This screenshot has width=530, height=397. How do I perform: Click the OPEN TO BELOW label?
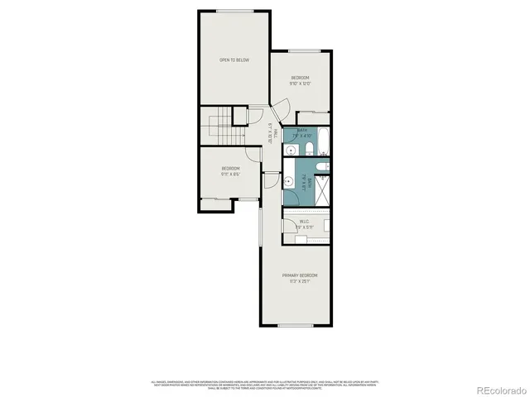tap(234, 60)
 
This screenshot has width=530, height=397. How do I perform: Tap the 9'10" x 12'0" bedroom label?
tap(300, 80)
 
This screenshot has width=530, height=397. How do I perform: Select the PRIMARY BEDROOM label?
tap(300, 277)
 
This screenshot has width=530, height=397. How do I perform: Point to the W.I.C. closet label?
tap(304, 222)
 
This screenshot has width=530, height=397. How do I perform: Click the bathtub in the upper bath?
tap(324, 141)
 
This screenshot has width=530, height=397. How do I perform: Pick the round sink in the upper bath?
tap(290, 149)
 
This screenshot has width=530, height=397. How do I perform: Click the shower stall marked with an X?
tap(324, 187)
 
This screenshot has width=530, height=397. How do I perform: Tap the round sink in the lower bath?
tap(290, 181)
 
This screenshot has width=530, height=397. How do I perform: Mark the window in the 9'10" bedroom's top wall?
tap(300, 52)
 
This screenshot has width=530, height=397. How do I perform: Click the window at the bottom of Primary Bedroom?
tap(294, 325)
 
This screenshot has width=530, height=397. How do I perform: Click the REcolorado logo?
tap(494, 390)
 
